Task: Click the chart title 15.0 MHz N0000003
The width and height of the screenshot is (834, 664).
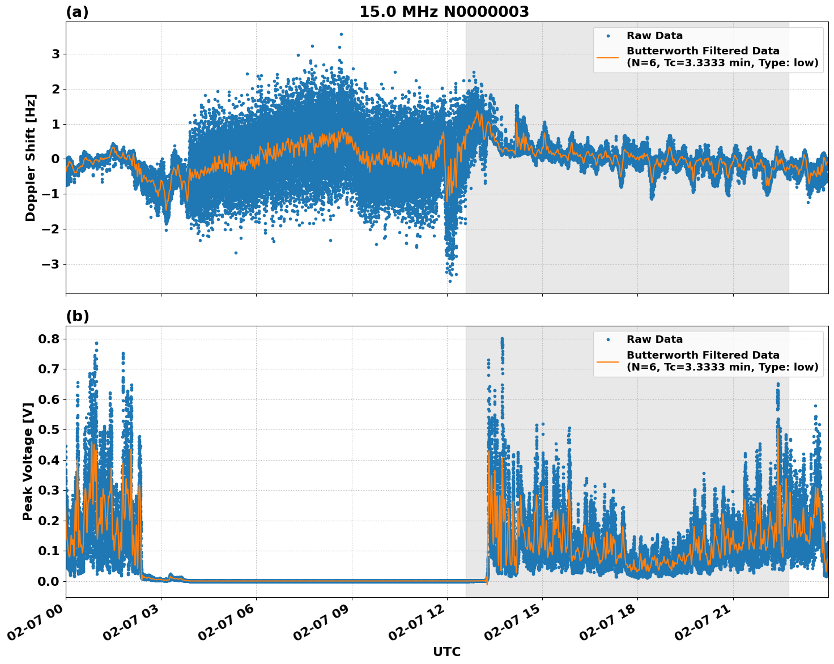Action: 444,12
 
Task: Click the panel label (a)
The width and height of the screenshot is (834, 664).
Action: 77,12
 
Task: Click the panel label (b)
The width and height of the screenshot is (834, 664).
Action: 77,316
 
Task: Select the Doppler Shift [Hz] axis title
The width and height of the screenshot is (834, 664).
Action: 31,158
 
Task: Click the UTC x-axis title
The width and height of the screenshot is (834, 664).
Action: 446,652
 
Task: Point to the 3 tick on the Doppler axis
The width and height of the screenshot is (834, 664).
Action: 56,54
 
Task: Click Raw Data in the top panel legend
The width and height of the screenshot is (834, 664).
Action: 654,36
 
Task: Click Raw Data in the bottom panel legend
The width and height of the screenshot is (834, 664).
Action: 654,339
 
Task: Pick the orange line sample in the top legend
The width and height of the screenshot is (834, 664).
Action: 607,57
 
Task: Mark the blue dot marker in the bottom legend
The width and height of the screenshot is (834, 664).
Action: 607,339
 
